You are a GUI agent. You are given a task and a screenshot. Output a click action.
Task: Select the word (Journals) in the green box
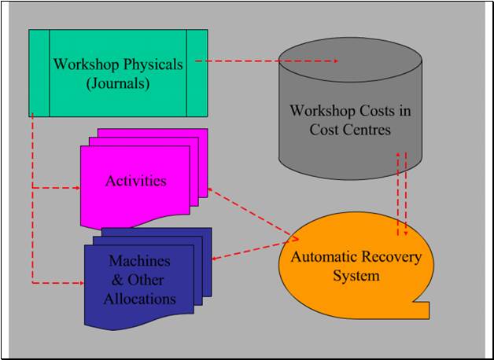pos(118,85)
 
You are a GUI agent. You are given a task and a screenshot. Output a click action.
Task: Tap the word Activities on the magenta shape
pos(136,181)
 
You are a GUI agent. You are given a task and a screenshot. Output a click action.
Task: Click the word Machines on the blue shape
pos(139,261)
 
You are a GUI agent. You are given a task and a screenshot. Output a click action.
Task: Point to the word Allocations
pos(139,299)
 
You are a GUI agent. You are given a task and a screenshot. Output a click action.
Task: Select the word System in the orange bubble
pos(356,276)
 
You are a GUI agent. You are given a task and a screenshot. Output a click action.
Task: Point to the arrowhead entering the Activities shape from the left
pos(78,188)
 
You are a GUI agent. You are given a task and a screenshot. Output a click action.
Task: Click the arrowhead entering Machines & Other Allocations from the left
pos(82,283)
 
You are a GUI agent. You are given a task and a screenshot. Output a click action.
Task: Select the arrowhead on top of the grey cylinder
pos(335,61)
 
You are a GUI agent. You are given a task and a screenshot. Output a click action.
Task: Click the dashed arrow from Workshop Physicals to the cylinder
pos(267,61)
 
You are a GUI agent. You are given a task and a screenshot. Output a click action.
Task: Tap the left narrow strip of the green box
pos(39,73)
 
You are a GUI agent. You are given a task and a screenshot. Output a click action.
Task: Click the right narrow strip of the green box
pos(197,73)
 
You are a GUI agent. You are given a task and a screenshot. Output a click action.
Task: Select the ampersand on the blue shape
pos(118,280)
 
